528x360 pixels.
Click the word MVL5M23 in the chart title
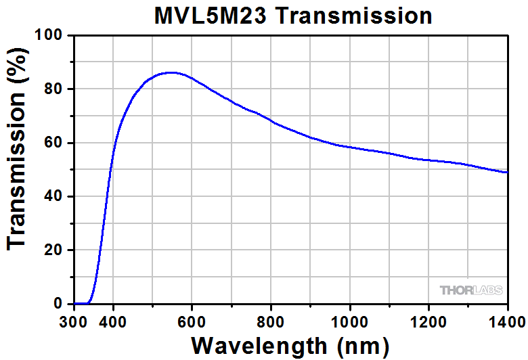tap(208, 16)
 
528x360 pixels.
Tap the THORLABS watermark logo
tap(472, 290)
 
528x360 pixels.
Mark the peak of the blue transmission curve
tap(171, 72)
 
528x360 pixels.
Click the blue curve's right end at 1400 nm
tap(507, 172)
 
